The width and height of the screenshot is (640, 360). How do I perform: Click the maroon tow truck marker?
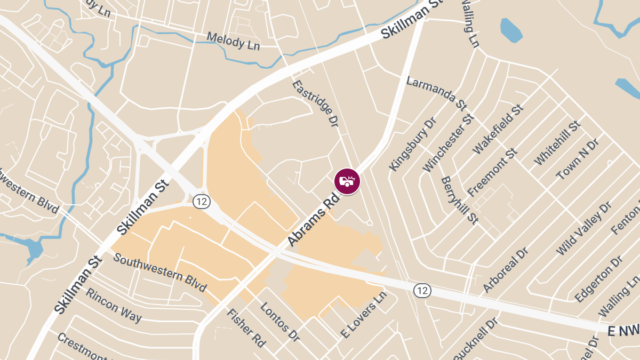click(347, 181)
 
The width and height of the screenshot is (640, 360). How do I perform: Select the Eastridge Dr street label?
click(315, 103)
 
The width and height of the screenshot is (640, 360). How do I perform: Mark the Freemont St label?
click(492, 172)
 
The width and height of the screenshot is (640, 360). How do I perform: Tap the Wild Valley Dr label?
click(583, 229)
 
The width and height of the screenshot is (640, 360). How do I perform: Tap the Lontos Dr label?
click(280, 322)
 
